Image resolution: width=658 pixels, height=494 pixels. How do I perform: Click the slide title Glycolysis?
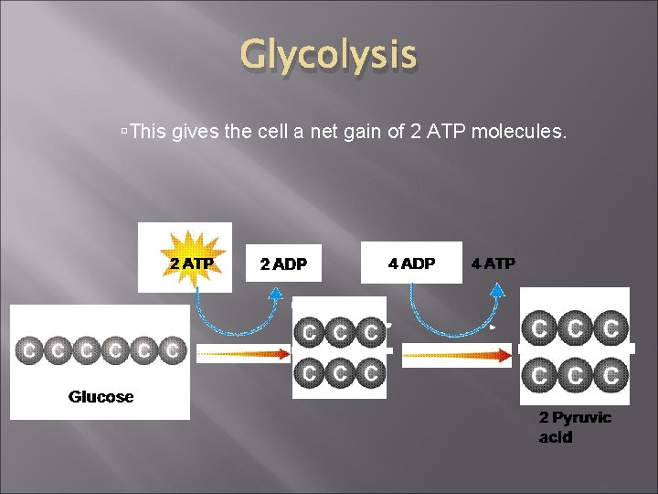point(328,56)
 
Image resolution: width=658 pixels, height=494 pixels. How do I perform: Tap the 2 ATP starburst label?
point(192,263)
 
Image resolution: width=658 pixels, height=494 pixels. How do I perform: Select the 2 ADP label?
point(283,264)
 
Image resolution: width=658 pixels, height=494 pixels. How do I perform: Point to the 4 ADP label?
point(411,263)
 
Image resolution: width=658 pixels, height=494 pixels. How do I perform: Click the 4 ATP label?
point(493,263)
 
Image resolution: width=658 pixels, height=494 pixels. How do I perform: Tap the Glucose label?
point(101,397)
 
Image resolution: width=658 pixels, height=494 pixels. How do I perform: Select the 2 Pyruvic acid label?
point(575,427)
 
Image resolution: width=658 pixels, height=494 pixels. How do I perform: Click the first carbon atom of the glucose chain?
point(29,349)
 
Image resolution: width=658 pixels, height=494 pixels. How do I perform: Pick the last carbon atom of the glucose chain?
point(172,349)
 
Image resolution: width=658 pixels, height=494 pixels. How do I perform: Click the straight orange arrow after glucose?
point(242,353)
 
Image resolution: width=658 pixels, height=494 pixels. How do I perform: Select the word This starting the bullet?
point(148,133)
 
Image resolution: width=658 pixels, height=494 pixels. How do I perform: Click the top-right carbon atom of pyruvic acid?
point(610,328)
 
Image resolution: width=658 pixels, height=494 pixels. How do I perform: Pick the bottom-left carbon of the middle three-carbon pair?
point(311,372)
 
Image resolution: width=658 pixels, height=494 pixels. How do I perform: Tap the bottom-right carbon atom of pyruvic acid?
point(610,374)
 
